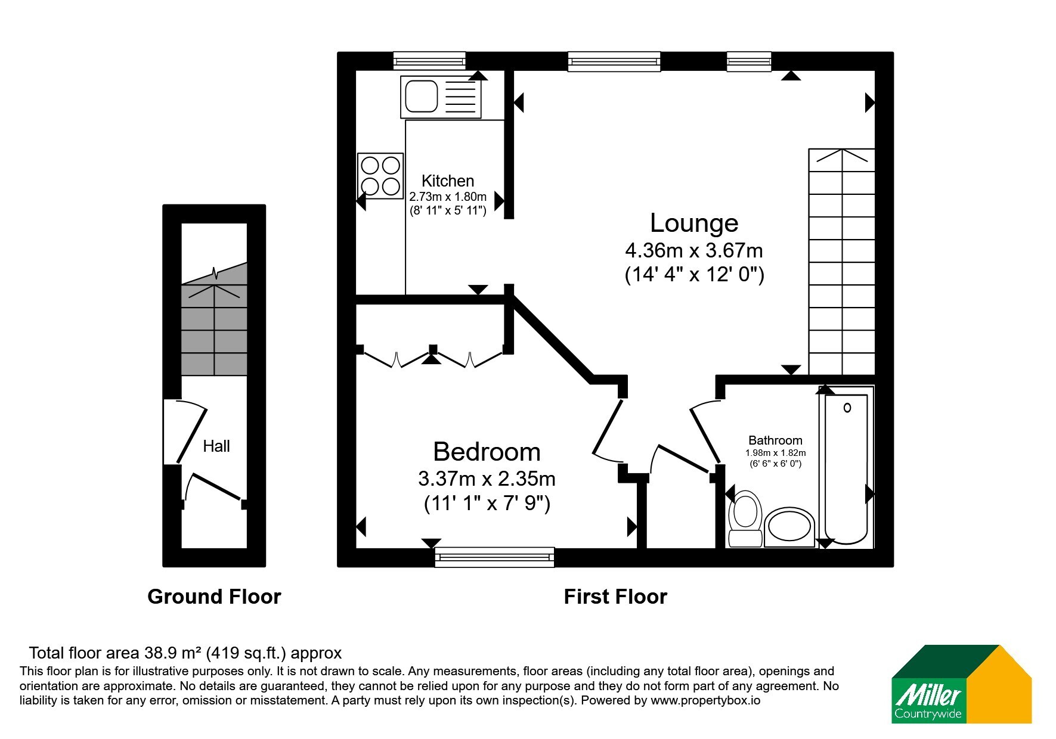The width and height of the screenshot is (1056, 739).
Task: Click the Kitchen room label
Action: pyautogui.click(x=448, y=181)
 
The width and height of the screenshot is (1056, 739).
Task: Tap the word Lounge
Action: pyautogui.click(x=694, y=223)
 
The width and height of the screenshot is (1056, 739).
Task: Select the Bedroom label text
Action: pyautogui.click(x=487, y=452)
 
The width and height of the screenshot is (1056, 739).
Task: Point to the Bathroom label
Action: pyautogui.click(x=775, y=440)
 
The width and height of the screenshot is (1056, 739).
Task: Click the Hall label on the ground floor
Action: pyautogui.click(x=216, y=446)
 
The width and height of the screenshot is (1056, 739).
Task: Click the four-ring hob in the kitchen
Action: pyautogui.click(x=380, y=176)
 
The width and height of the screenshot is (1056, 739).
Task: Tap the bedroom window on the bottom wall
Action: pyautogui.click(x=495, y=557)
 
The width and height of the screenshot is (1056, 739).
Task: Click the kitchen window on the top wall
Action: pyautogui.click(x=429, y=61)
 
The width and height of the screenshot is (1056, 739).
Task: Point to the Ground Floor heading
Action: pyautogui.click(x=214, y=597)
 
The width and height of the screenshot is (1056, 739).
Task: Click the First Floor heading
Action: pyautogui.click(x=615, y=597)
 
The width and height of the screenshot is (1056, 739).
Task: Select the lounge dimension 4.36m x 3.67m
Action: pyautogui.click(x=694, y=250)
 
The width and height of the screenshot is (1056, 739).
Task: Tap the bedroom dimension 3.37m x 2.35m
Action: pyautogui.click(x=487, y=479)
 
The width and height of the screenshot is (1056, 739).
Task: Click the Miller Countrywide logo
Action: pyautogui.click(x=961, y=684)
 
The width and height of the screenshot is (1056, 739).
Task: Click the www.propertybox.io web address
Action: pyautogui.click(x=705, y=701)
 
